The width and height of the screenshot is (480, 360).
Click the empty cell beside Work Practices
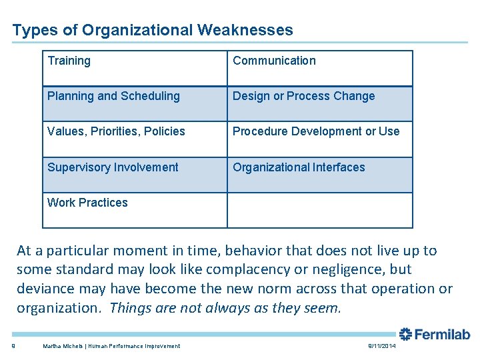pos(320,210)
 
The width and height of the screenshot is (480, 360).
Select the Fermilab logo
pos(435,334)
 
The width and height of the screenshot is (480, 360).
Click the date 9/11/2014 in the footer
pos(381,345)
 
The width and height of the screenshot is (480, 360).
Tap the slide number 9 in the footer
pos(13,345)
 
